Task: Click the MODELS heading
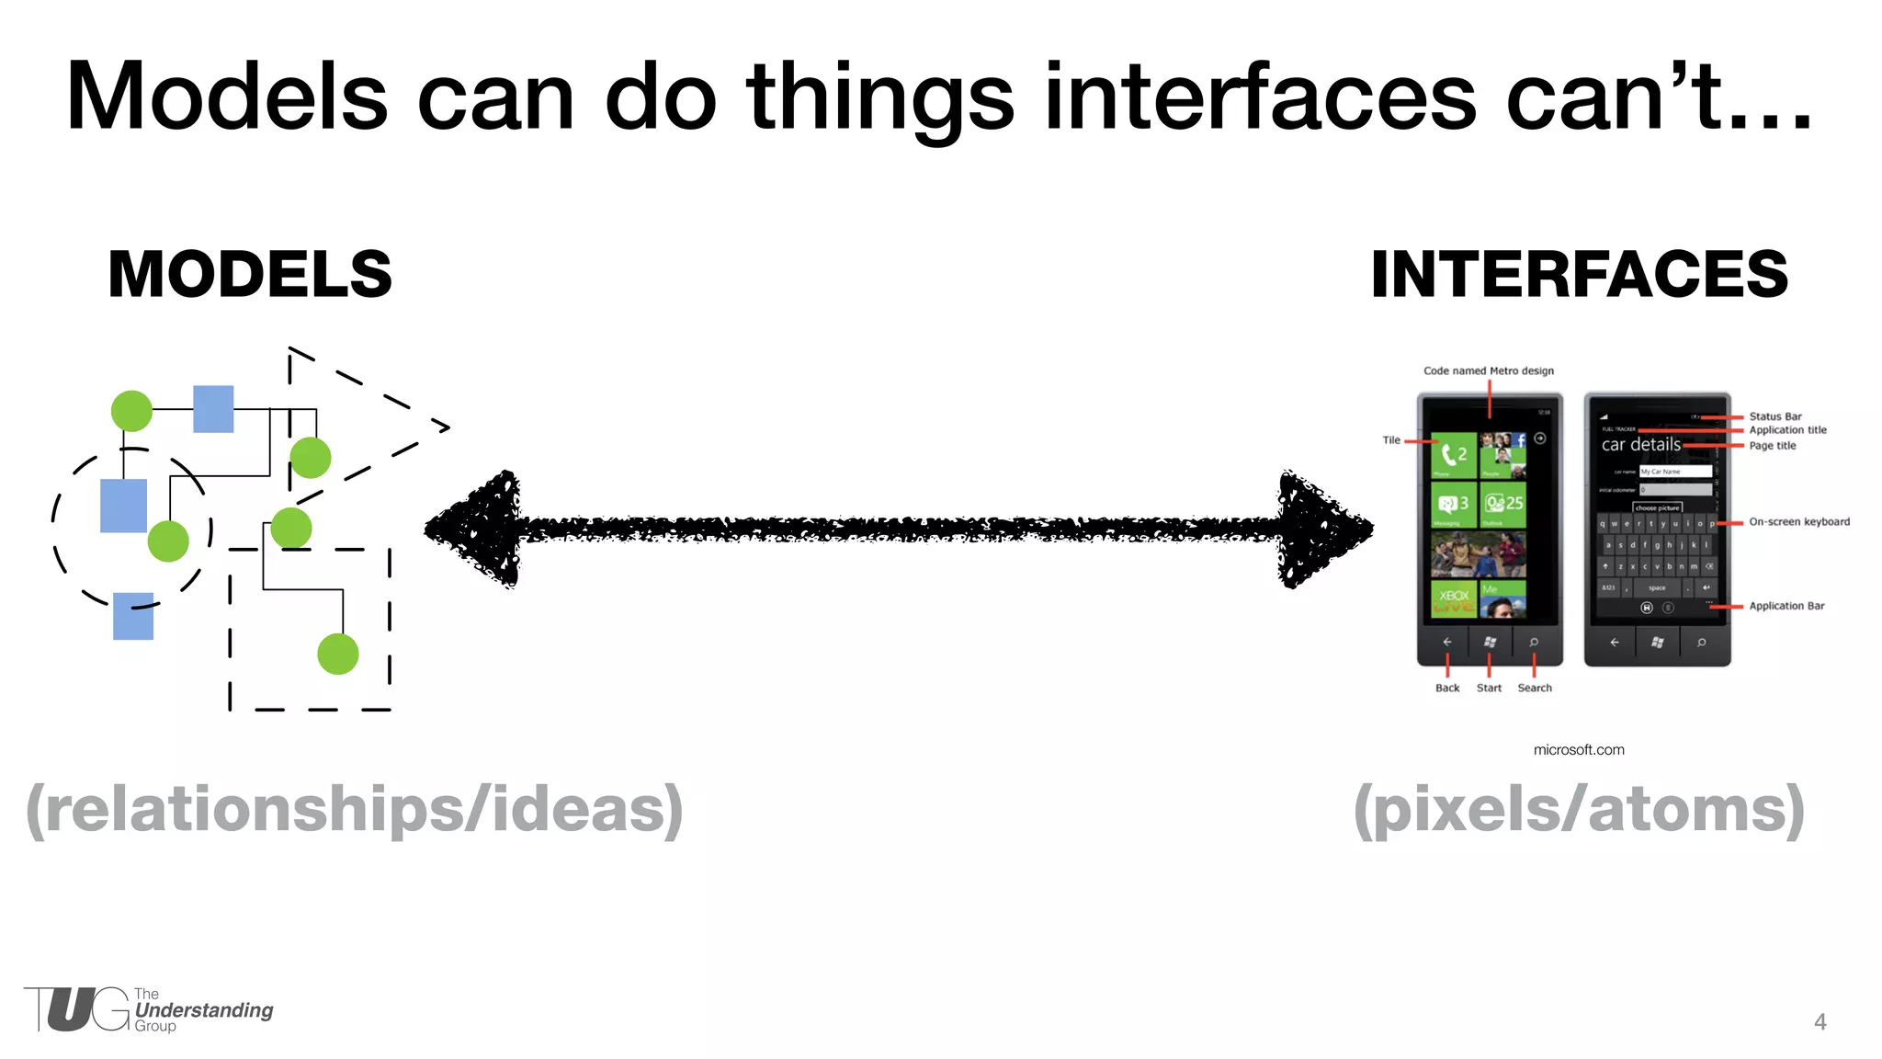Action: point(250,274)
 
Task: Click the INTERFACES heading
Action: point(1579,274)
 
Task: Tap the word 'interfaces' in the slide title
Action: point(1260,97)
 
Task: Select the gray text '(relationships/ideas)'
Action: point(355,809)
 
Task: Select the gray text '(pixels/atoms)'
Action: point(1579,809)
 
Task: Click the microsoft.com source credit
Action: point(1579,750)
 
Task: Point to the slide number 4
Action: point(1820,1021)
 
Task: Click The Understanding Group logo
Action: point(147,1010)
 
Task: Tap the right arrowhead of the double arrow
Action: point(1323,529)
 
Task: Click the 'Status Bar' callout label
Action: point(1774,416)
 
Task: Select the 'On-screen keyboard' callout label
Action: point(1798,521)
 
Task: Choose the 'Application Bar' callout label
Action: point(1786,606)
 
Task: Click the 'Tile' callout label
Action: point(1391,440)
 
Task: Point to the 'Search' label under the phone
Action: point(1534,688)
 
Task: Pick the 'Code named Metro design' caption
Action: point(1488,371)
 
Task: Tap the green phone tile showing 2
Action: point(1453,455)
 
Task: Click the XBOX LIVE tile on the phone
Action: point(1453,598)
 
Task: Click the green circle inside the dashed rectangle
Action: point(337,654)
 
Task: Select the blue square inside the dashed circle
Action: point(123,506)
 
